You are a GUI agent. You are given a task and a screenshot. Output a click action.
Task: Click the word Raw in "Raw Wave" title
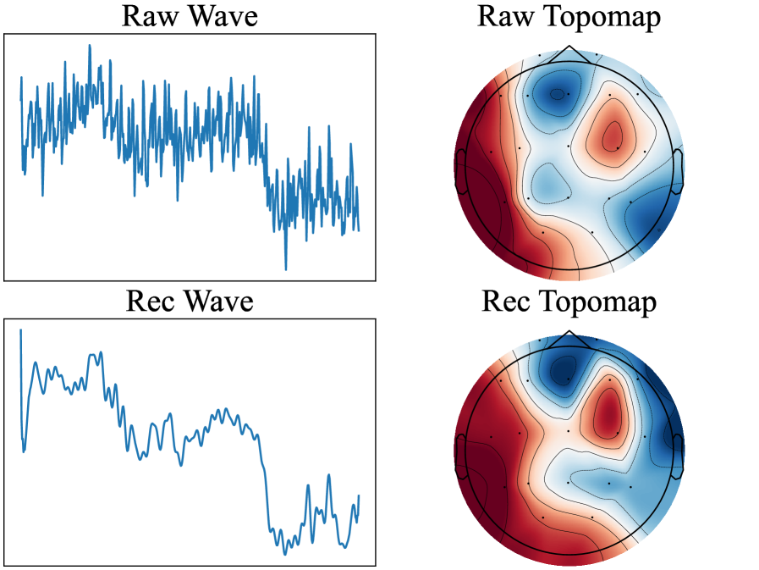tap(147, 17)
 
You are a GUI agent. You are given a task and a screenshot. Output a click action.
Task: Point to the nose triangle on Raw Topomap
tap(569, 54)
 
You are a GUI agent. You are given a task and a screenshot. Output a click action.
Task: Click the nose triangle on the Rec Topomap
tap(569, 338)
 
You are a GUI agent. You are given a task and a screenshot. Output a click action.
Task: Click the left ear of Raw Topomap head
tap(460, 162)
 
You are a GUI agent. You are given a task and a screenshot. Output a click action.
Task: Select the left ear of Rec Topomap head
tap(460, 446)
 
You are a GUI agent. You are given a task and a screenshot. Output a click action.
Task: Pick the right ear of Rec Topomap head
tap(678, 446)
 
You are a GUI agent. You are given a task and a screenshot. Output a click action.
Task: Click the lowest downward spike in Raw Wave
tap(285, 268)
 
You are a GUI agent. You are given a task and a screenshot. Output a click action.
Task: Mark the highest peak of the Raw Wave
tap(90, 46)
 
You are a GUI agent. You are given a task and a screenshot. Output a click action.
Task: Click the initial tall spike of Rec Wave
tap(20, 330)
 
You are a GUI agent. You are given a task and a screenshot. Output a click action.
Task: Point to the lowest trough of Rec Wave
tap(285, 553)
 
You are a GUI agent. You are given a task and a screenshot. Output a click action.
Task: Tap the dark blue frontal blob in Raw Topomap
tap(556, 93)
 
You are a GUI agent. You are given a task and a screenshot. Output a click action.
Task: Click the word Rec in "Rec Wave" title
tap(151, 302)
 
